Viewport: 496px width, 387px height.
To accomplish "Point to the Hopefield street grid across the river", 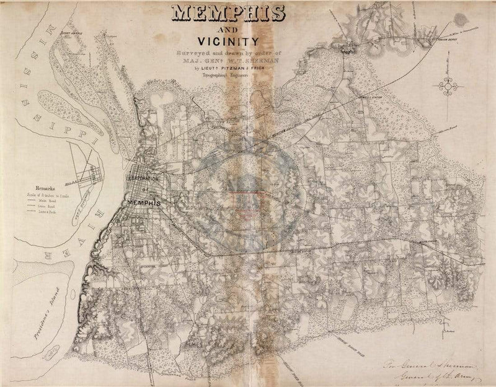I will [87, 167].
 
